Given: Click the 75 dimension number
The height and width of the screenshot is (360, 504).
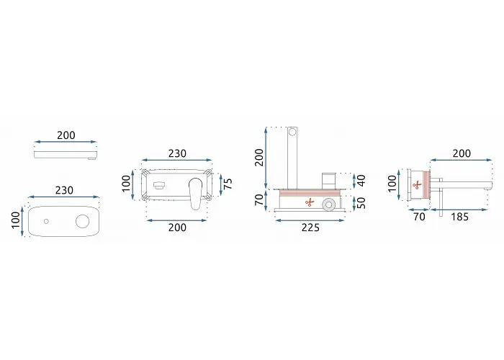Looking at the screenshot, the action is click(x=228, y=184).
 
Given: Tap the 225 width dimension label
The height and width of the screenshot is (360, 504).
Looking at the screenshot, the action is click(x=310, y=228).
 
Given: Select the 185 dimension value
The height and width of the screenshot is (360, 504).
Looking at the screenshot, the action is click(x=459, y=217).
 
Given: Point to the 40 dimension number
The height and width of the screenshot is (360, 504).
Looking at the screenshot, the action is click(x=361, y=181).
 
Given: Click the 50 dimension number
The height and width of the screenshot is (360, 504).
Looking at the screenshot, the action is click(x=361, y=203).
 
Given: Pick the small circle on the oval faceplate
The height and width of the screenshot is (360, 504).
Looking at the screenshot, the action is click(x=46, y=221).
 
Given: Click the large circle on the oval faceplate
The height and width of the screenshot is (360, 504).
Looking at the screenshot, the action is click(x=82, y=221).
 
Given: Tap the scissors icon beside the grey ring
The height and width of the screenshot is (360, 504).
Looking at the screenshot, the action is click(x=310, y=202).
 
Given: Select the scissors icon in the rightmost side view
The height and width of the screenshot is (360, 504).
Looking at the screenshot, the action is click(x=417, y=185).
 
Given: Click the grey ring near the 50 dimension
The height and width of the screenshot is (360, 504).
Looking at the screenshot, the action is click(x=329, y=204).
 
